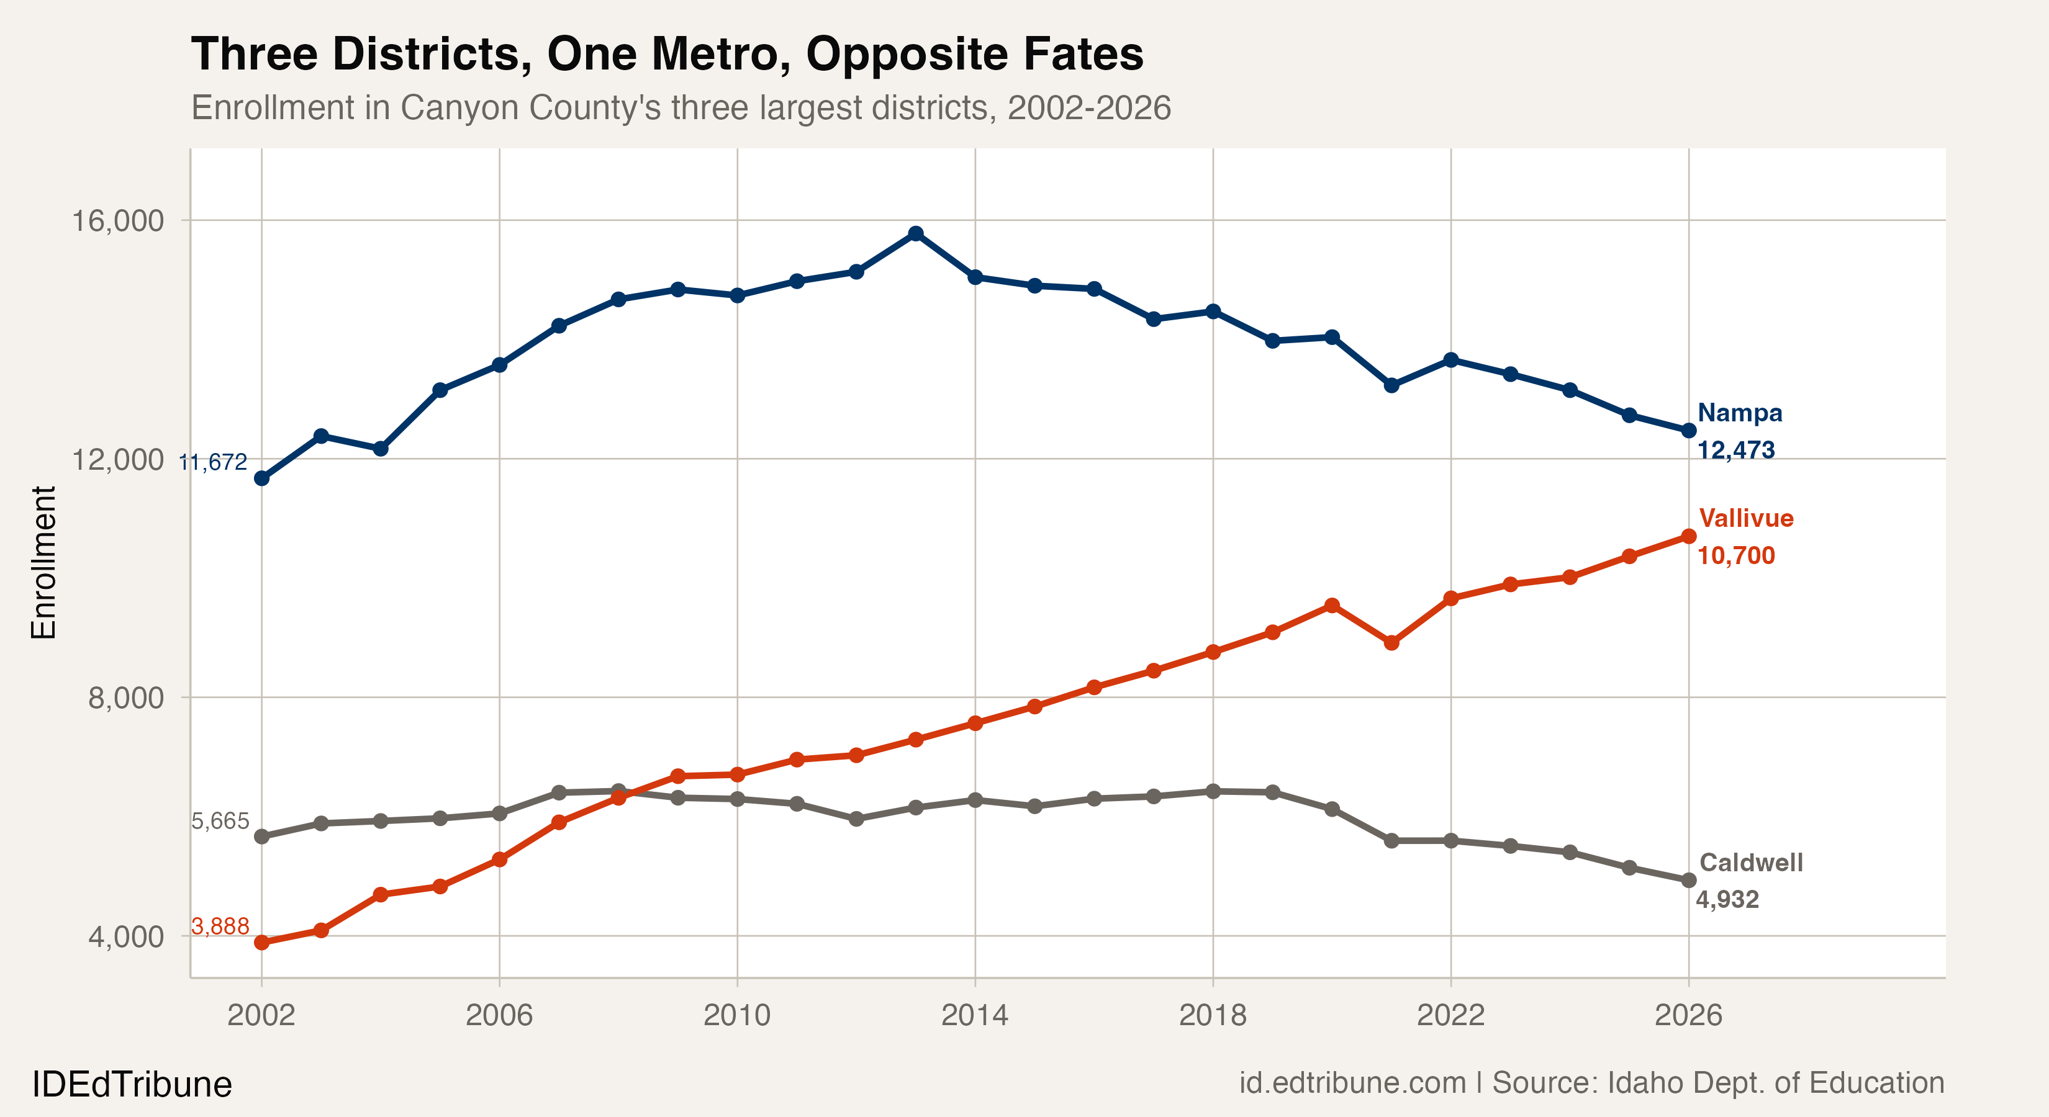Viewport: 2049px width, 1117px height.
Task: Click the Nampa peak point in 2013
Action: click(x=915, y=233)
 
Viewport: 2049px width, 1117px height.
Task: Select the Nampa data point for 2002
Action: click(x=261, y=478)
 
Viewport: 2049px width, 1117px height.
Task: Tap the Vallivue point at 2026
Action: click(x=1689, y=537)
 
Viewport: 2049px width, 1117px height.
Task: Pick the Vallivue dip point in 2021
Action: click(x=1391, y=642)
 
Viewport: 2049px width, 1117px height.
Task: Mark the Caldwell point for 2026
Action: click(x=1689, y=880)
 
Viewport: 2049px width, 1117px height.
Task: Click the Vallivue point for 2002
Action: click(x=261, y=942)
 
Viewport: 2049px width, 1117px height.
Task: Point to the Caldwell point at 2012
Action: click(x=856, y=818)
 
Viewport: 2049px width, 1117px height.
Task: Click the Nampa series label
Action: click(x=1740, y=413)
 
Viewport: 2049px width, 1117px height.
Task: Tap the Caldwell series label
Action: click(x=1751, y=863)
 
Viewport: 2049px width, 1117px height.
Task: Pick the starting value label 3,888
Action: click(x=220, y=926)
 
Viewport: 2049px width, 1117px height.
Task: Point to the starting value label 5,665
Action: click(x=220, y=821)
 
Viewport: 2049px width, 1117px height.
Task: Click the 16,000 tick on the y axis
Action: click(x=118, y=220)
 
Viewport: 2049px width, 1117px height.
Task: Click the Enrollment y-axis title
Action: click(x=43, y=562)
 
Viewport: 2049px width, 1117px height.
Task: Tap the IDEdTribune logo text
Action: click(x=132, y=1084)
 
